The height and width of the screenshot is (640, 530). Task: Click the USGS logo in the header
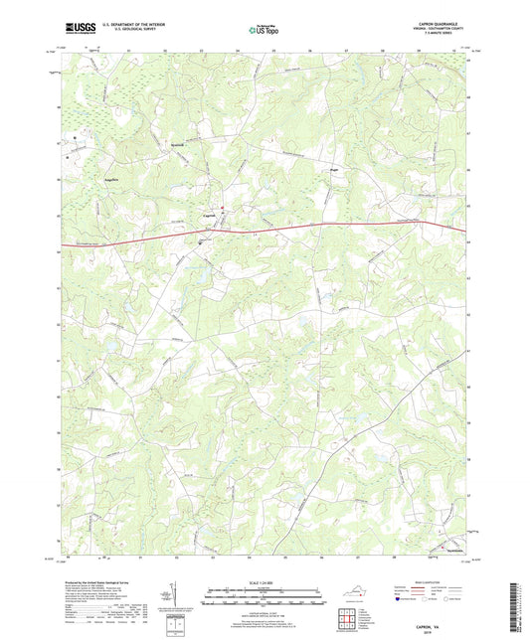tap(75, 31)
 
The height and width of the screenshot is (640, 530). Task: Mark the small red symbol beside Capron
tap(223, 208)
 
